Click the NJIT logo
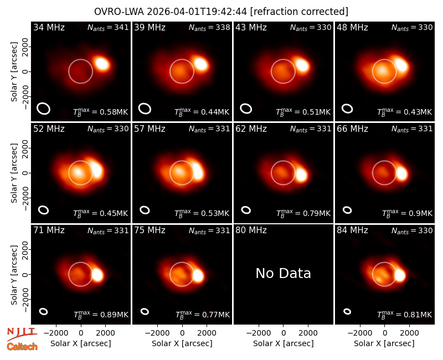coord(22,333)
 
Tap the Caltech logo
coord(22,347)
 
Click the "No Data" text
coord(284,273)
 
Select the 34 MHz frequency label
coord(49,27)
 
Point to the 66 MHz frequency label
coord(352,129)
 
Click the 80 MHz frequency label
coord(251,230)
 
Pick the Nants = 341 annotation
coord(108,28)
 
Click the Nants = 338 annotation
coord(209,28)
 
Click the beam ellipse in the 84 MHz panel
coord(347,311)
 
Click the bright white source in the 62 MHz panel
coord(301,174)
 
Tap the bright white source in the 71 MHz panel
coord(97,275)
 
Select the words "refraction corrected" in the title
coord(299,12)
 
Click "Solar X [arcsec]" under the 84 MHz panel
coord(384,343)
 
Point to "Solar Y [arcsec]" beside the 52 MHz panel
coord(14,173)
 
